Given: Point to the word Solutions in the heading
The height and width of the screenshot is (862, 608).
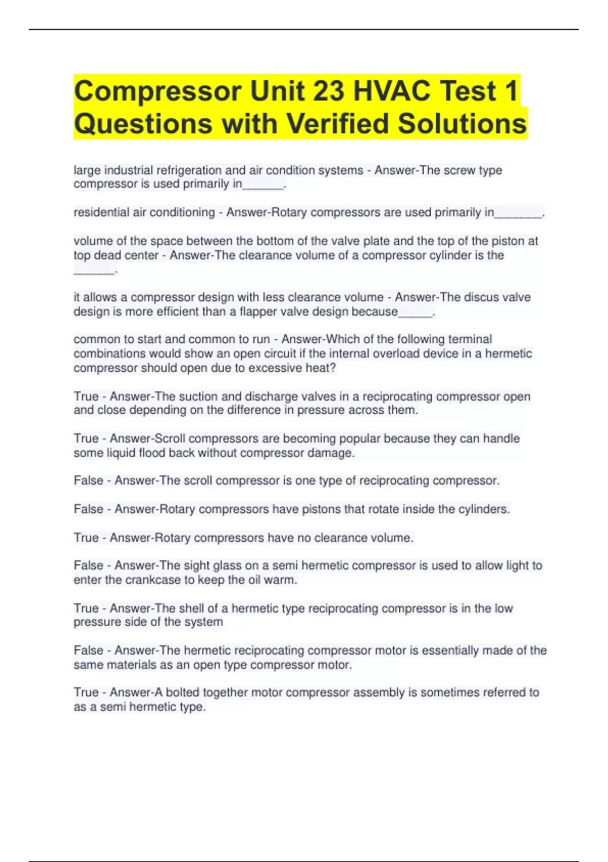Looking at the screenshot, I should (462, 124).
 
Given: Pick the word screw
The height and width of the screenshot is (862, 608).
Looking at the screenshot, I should (460, 170).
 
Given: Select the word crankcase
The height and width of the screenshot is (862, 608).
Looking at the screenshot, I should (153, 580).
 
